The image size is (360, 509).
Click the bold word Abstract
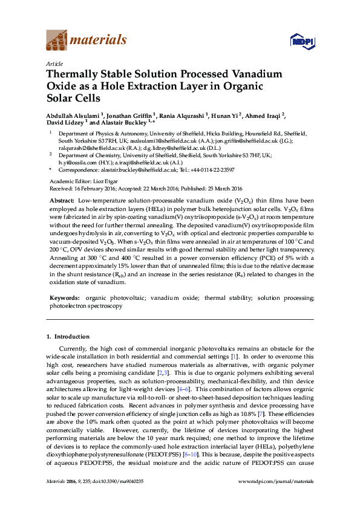[x=61, y=200]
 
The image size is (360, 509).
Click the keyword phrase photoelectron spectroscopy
[x=85, y=306]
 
